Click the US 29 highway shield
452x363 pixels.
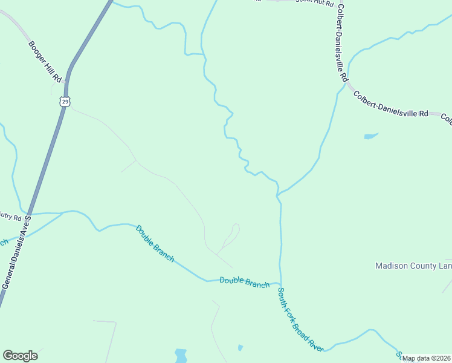pos(65,101)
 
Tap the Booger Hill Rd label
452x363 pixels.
pos(45,61)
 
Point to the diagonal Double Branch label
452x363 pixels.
pos(155,243)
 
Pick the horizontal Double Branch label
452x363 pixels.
pos(244,281)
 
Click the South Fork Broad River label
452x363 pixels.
pos(300,319)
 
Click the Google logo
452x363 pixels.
pos(20,356)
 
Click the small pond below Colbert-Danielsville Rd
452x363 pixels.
pos(370,136)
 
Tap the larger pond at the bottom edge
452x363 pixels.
pos(181,355)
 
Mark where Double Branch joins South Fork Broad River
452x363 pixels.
pos(280,283)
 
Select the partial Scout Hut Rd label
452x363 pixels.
pos(314,2)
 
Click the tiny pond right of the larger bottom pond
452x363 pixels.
pos(240,348)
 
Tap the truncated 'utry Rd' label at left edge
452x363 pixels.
pos(10,217)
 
